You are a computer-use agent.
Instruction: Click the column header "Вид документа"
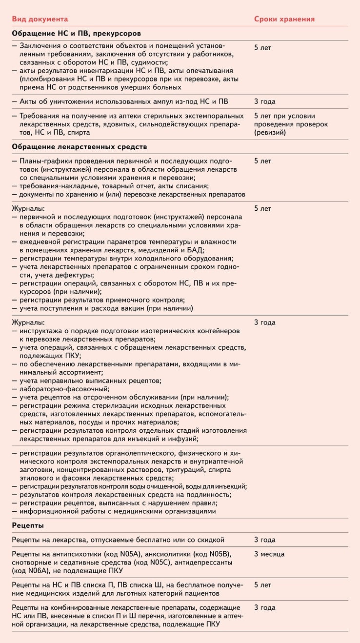coord(40,19)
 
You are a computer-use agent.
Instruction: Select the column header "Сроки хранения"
coord(284,19)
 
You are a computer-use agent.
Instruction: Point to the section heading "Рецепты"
coord(27,525)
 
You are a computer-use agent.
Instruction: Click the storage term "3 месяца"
coord(269,554)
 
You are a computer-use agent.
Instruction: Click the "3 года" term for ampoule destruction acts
coord(265,101)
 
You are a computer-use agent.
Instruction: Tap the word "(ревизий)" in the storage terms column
coord(270,133)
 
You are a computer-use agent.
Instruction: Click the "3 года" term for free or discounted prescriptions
coord(265,540)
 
